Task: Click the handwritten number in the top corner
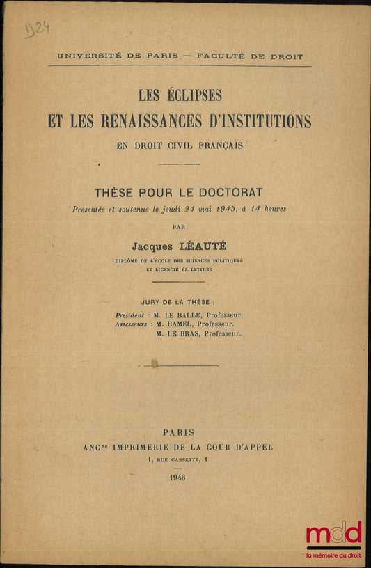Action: pyautogui.click(x=37, y=29)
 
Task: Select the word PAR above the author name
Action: pyautogui.click(x=179, y=226)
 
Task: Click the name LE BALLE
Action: pyautogui.click(x=187, y=315)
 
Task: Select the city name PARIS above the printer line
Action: pyautogui.click(x=179, y=432)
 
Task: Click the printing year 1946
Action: pyautogui.click(x=177, y=477)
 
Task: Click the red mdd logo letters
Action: pyautogui.click(x=333, y=535)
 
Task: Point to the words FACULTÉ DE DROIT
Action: pyautogui.click(x=250, y=56)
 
